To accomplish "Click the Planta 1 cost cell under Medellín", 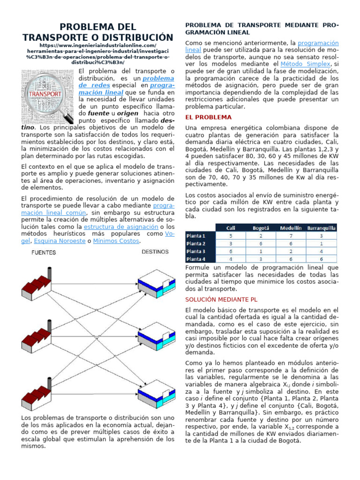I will tap(291, 235).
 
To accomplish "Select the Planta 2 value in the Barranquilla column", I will tap(321, 243).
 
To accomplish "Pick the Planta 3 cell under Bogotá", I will tap(261, 251).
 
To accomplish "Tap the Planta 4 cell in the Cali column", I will tap(231, 259).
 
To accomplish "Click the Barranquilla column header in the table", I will tap(321, 228).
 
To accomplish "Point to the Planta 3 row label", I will tap(196, 251).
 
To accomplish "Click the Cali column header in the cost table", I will tap(231, 228).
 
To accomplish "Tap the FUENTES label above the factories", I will tap(44, 253).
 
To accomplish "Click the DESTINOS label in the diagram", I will tap(155, 252).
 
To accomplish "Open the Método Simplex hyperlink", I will tap(305, 64).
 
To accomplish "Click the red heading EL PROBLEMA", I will tap(209, 117).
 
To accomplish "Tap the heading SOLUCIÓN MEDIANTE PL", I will tap(221, 299).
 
